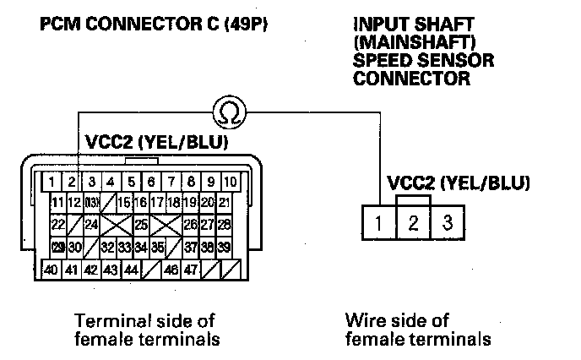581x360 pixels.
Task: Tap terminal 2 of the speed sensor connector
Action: click(x=414, y=223)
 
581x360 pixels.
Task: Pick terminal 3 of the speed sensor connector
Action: click(x=448, y=223)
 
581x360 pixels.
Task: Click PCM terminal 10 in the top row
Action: click(x=231, y=181)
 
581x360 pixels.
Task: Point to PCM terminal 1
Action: click(x=52, y=181)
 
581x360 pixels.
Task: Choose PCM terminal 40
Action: click(x=52, y=270)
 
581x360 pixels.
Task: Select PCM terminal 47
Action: click(x=192, y=270)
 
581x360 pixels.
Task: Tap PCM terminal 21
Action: click(x=224, y=202)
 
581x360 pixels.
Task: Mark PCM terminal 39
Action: click(x=224, y=247)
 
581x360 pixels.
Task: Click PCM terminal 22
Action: click(x=58, y=225)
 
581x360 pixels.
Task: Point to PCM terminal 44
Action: click(x=131, y=270)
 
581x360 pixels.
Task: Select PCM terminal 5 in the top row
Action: click(x=132, y=181)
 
